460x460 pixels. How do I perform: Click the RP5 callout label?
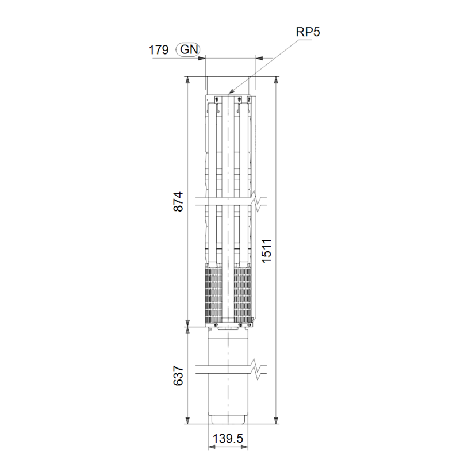tap(308, 32)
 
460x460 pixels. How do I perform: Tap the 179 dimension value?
tap(159, 50)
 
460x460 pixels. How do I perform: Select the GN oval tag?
tap(188, 49)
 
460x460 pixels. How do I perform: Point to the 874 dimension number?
tap(178, 202)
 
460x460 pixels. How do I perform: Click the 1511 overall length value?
tap(267, 251)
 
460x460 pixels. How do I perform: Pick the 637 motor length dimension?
tap(178, 375)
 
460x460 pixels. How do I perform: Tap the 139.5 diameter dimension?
tap(228, 439)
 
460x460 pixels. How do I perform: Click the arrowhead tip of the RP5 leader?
tap(228, 94)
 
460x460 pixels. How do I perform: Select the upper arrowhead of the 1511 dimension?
tap(276, 80)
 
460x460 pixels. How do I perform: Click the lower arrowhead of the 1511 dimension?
tap(276, 420)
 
